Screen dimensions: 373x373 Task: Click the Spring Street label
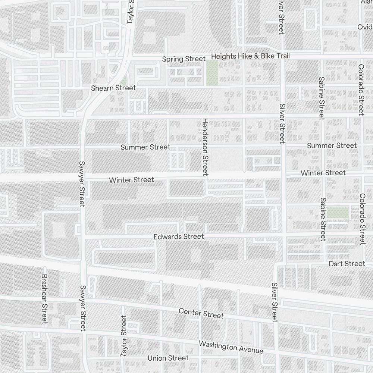tap(184, 59)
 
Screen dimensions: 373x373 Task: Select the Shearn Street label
tap(113, 88)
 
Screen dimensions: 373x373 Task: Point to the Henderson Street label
tap(205, 147)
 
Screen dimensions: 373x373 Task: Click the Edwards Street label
tap(179, 236)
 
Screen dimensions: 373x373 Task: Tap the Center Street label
tap(201, 313)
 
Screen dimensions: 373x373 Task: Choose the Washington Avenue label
tap(231, 347)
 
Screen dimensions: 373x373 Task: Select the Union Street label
tap(168, 358)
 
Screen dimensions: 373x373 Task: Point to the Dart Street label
tap(347, 264)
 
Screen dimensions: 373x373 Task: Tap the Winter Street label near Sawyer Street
tap(131, 180)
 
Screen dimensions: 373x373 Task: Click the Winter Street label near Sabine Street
tap(323, 173)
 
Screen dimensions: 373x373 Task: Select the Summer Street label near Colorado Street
tap(332, 145)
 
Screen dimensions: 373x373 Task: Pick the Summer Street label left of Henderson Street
tap(145, 147)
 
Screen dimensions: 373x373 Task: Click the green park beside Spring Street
tap(212, 73)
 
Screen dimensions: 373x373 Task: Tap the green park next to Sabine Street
tap(338, 213)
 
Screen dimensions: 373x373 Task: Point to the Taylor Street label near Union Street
tap(124, 336)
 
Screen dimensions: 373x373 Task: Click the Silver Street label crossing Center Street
tap(275, 302)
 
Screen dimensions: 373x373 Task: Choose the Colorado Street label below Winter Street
tap(362, 219)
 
